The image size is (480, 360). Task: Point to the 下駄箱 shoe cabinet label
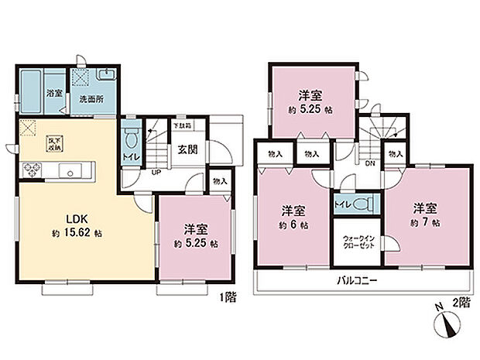pos(183,124)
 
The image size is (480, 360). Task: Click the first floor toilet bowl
pos(132,143)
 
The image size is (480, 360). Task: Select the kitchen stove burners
pos(34,168)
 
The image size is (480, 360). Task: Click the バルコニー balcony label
pos(357,281)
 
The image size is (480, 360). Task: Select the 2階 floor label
pos(463,305)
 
